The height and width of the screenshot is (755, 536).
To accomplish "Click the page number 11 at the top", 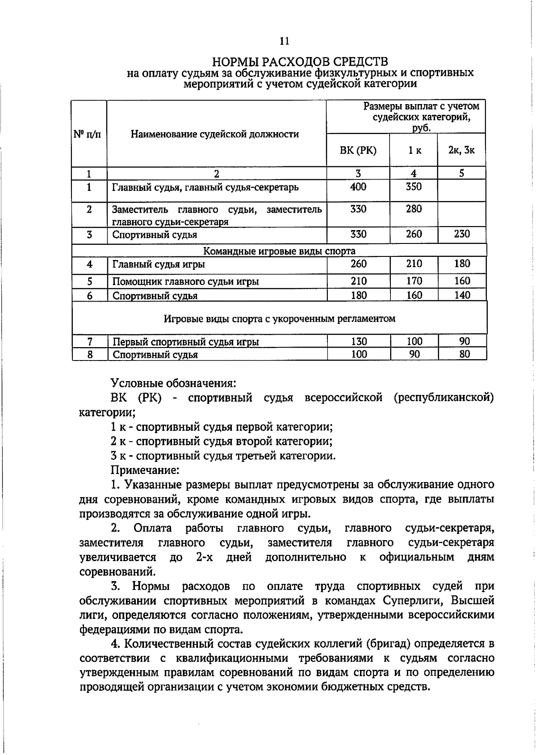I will (285, 41).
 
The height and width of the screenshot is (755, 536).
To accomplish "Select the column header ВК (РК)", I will (358, 151).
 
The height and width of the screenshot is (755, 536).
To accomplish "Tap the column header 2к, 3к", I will (461, 150).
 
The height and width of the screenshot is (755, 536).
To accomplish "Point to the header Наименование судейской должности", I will (215, 134).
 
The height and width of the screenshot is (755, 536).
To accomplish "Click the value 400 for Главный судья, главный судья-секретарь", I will (358, 187).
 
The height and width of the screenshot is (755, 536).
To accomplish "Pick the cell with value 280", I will (414, 209).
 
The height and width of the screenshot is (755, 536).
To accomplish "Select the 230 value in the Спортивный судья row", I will (462, 234).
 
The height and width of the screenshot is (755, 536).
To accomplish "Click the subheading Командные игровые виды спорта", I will (280, 251).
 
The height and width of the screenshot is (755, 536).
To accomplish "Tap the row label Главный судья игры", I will (159, 264).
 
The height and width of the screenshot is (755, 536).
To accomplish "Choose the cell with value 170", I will (414, 281).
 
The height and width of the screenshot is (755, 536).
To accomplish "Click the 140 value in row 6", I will (462, 295).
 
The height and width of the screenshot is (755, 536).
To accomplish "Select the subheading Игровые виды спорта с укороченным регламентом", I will (280, 319).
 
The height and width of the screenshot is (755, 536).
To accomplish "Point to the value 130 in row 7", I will (359, 342).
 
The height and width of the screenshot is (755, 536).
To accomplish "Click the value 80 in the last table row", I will (465, 355).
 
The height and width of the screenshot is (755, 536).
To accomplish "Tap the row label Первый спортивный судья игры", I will (185, 342).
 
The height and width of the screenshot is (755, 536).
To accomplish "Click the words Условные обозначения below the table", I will (173, 383).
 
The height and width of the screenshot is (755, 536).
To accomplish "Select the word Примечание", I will (145, 470).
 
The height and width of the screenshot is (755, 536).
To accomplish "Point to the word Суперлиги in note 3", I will (411, 600).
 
